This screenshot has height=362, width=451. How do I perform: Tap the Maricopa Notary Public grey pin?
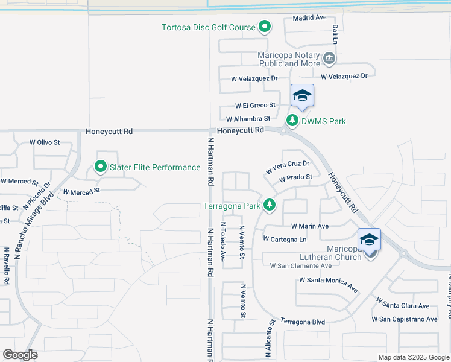point(329,59)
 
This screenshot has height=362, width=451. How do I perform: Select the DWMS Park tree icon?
point(292,121)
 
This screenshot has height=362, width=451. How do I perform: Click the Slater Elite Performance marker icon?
point(100,167)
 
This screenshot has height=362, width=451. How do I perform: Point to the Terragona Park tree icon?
point(270,205)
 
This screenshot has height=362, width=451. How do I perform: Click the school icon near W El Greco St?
point(302,96)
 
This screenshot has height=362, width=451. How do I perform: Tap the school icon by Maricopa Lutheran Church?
point(368,240)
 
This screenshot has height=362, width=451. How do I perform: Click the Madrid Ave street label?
point(309,17)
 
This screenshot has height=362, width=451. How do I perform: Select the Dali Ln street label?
point(334,34)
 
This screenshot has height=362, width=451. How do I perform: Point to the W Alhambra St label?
point(248,119)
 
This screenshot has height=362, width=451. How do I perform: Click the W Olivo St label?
point(45,142)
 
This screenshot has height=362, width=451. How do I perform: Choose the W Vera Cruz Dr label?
point(287,168)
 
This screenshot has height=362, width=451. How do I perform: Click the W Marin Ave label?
point(309,226)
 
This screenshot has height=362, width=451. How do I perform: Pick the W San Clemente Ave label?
point(300,265)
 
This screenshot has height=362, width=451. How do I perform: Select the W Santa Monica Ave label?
point(329,285)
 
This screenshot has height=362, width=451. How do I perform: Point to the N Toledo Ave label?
point(223,243)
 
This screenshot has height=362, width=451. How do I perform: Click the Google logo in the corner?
point(20,355)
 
